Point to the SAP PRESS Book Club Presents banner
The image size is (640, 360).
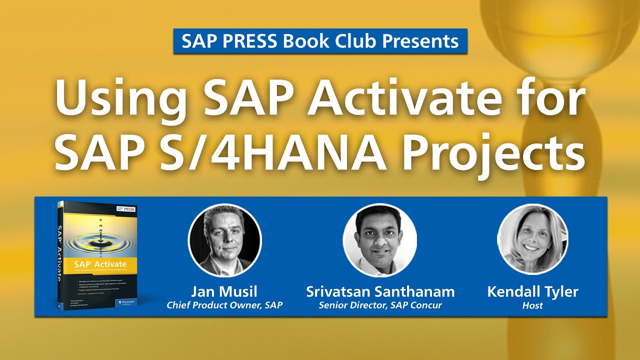click(x=320, y=41)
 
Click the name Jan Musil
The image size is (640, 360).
click(x=224, y=291)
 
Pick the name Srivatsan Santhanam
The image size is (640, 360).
click(x=380, y=291)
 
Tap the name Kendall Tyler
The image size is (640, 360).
click(x=532, y=291)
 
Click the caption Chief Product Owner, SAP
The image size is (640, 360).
click(x=224, y=305)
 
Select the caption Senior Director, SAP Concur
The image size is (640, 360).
click(x=380, y=305)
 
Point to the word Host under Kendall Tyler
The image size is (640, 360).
click(x=532, y=305)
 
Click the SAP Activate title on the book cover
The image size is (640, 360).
click(x=100, y=264)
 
